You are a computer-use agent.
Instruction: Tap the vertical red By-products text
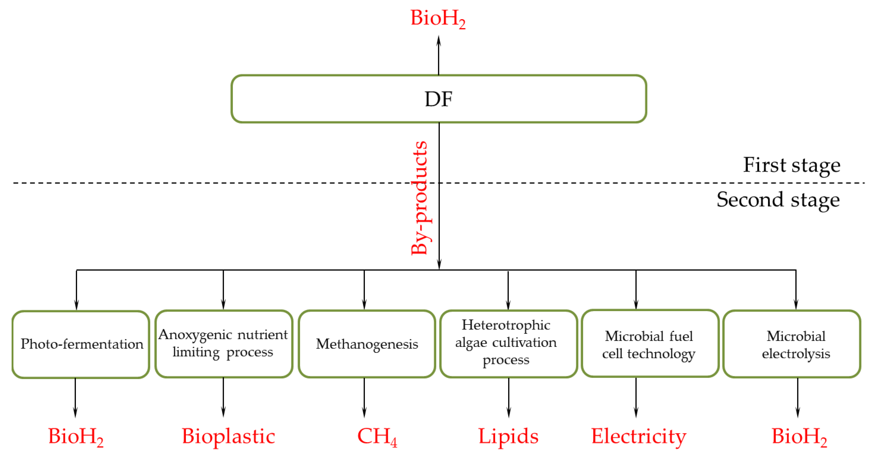click(420, 198)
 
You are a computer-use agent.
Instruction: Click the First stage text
click(791, 165)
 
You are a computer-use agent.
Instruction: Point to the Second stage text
click(778, 200)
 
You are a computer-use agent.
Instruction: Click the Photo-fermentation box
click(81, 344)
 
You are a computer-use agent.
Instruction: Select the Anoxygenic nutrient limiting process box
click(224, 344)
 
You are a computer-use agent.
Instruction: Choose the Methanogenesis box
click(367, 344)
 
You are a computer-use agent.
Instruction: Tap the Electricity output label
click(639, 437)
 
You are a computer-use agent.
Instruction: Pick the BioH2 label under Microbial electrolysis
click(799, 437)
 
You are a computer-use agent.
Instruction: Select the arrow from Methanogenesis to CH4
click(364, 397)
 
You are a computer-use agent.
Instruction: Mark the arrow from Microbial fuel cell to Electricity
click(636, 397)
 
